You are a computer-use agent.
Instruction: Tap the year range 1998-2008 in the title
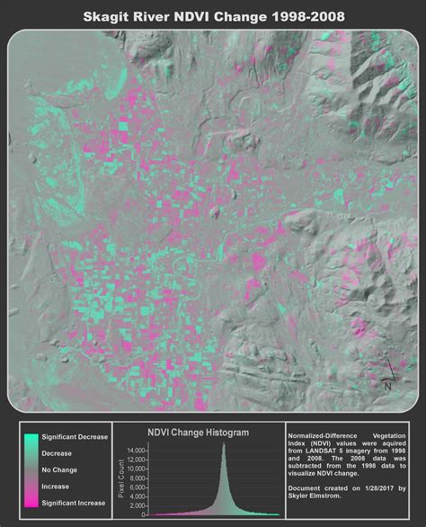coord(298,17)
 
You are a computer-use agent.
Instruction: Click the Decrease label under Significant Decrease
coord(58,453)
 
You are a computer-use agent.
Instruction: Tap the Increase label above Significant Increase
coord(57,487)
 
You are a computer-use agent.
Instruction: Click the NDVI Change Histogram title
coord(198,433)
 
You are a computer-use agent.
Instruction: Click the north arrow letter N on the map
coord(386,386)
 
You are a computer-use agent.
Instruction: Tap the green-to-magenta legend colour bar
coord(31,469)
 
